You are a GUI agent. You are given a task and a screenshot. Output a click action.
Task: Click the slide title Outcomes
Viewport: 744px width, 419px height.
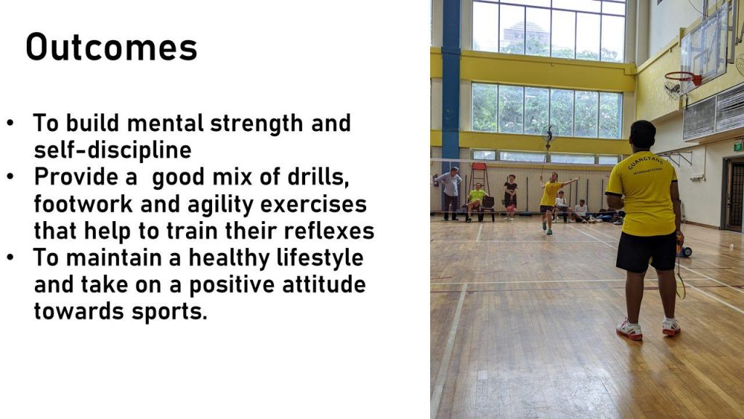111,47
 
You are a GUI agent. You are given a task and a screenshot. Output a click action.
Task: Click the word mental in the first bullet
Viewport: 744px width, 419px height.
165,123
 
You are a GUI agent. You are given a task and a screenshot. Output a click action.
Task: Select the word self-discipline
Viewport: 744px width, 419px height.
113,150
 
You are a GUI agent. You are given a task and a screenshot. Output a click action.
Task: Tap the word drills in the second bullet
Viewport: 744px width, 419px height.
318,177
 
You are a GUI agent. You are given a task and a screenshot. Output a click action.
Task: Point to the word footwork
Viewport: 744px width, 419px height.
84,204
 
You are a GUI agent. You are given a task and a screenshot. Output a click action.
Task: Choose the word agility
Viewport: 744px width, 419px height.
221,205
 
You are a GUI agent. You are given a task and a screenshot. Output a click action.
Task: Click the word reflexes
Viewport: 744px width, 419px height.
329,231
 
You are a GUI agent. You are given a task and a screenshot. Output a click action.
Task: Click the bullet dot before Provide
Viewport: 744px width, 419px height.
10,176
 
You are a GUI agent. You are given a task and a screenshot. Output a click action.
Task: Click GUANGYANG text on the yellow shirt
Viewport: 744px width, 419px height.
646,161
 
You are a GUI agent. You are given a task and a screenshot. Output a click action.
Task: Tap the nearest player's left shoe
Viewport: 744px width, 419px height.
629,330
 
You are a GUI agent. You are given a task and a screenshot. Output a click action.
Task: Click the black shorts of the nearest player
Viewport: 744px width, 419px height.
647,251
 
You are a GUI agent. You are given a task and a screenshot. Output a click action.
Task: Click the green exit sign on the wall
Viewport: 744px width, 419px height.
738,147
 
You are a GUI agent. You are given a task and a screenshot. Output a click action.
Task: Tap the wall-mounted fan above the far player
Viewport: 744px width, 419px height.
549,135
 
